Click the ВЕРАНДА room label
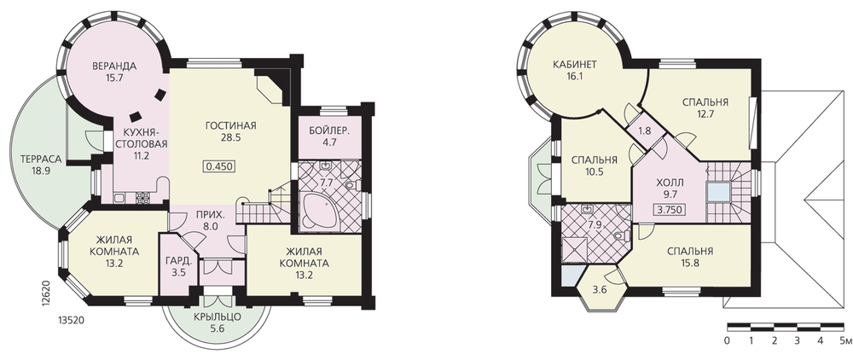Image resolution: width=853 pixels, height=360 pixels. (113, 67)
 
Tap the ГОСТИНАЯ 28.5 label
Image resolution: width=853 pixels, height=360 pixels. (230, 131)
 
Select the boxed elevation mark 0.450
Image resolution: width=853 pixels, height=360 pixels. (221, 165)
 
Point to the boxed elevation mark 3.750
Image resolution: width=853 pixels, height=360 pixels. (668, 210)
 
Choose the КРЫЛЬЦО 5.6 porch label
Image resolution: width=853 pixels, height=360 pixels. (217, 322)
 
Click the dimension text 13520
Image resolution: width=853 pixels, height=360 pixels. (70, 320)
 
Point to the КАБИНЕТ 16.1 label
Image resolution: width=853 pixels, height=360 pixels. (575, 70)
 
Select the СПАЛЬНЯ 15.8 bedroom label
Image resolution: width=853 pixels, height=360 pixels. (690, 257)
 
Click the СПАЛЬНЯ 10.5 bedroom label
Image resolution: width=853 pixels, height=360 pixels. (594, 165)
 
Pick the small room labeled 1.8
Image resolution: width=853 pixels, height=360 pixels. (645, 131)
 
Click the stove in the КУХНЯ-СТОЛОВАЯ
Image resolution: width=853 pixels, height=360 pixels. (142, 198)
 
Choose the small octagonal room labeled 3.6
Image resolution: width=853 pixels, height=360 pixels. (600, 289)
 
